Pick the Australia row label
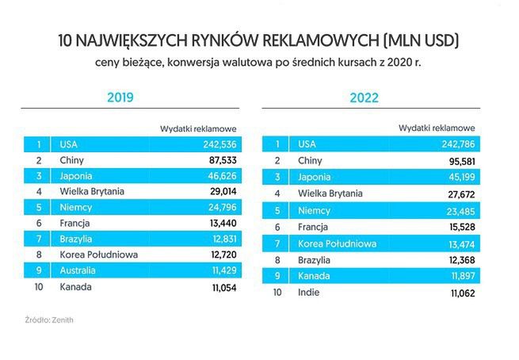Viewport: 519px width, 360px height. tap(80, 271)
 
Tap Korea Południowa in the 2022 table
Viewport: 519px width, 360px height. tap(337, 243)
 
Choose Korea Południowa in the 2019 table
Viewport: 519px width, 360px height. tap(99, 255)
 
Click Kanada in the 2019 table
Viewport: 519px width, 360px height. tap(76, 286)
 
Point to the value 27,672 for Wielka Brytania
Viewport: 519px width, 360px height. tap(459, 193)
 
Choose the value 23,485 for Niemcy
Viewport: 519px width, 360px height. tap(459, 210)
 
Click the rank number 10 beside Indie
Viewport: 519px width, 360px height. tap(277, 292)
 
